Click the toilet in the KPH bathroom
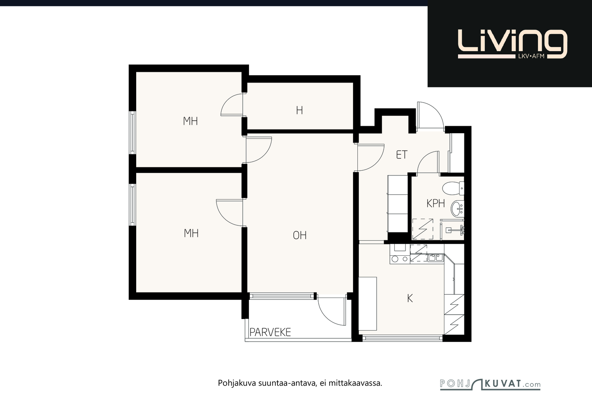(x=453, y=188)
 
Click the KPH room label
(x=436, y=204)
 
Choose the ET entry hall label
(x=402, y=155)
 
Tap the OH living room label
(x=300, y=235)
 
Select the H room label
(x=299, y=110)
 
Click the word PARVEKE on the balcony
(x=270, y=332)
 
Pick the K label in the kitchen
(x=410, y=298)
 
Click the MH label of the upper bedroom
(x=190, y=121)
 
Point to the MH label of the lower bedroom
(x=191, y=234)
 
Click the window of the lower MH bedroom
(x=132, y=205)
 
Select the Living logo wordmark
(x=512, y=44)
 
